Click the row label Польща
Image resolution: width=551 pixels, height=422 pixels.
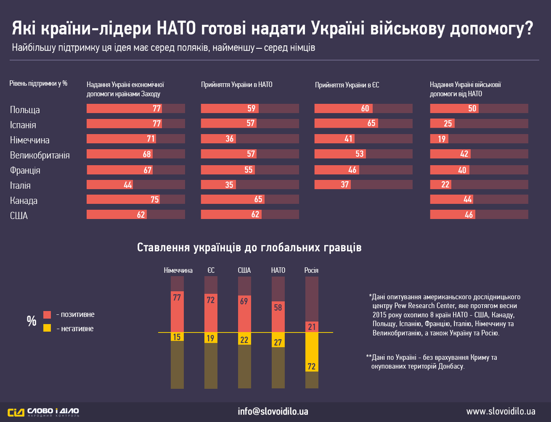(25, 110)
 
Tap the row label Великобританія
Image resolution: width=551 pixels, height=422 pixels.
(40, 155)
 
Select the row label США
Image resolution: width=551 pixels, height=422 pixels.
(19, 216)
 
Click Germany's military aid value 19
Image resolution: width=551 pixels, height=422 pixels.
(441, 139)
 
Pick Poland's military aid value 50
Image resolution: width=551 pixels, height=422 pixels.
(472, 109)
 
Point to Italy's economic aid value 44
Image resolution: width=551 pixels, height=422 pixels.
(128, 184)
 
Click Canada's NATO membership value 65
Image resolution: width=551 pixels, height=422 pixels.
(259, 199)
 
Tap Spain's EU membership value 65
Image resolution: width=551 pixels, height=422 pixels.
(371, 123)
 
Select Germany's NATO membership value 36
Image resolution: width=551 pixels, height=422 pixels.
(230, 139)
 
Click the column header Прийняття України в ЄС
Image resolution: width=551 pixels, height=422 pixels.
(347, 84)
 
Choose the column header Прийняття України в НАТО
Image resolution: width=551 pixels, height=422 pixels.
(237, 84)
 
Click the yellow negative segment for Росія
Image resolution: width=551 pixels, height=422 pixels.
(312, 352)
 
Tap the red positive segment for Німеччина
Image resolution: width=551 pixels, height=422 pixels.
(177, 312)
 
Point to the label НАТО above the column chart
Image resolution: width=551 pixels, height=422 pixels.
(278, 270)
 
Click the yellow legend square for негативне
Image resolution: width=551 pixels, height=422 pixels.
(47, 328)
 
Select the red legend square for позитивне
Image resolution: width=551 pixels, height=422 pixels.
(47, 314)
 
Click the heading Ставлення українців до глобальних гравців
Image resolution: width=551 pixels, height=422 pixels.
(249, 248)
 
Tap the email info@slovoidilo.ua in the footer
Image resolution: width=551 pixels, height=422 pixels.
(273, 412)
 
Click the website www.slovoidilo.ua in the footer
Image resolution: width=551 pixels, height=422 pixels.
(501, 412)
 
